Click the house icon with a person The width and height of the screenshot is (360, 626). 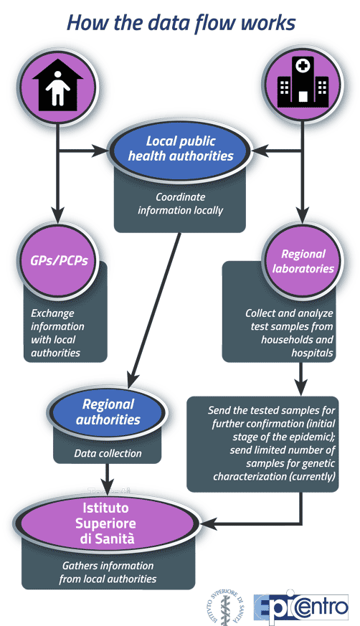click(x=58, y=85)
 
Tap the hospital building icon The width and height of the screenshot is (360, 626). click(x=303, y=82)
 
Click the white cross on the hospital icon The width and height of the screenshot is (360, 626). click(x=303, y=66)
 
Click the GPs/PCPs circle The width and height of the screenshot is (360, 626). click(x=59, y=260)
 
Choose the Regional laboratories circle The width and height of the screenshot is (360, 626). click(x=303, y=261)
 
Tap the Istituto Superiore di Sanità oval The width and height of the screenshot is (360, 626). click(x=105, y=523)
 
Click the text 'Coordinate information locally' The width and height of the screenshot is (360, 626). click(x=181, y=204)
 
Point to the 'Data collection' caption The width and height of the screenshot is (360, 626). click(x=108, y=453)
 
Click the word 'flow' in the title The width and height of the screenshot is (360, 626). click(x=212, y=23)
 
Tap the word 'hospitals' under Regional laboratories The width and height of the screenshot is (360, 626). click(x=312, y=353)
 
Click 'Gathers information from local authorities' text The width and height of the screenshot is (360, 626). click(x=108, y=572)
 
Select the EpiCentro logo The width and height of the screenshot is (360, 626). click(x=302, y=607)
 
